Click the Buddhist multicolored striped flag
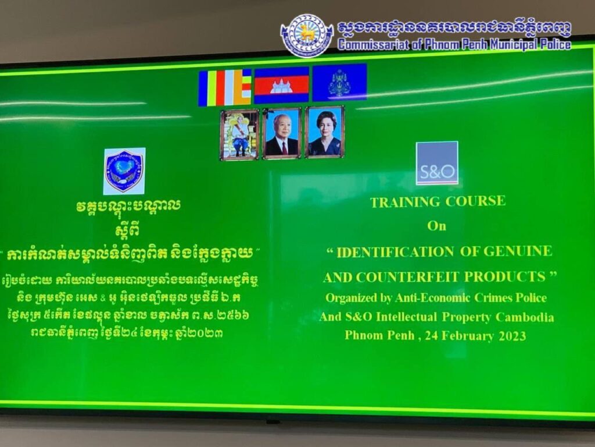point(225,87)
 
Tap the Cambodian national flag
point(282,85)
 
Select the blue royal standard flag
point(339,83)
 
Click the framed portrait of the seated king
point(239,134)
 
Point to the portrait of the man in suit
point(282,133)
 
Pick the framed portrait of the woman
point(325,132)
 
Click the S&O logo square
point(437,163)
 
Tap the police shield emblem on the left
point(124,171)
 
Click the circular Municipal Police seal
point(307,36)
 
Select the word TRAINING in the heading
point(405,202)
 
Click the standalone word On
point(437,226)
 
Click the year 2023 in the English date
point(512,336)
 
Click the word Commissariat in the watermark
point(374,45)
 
